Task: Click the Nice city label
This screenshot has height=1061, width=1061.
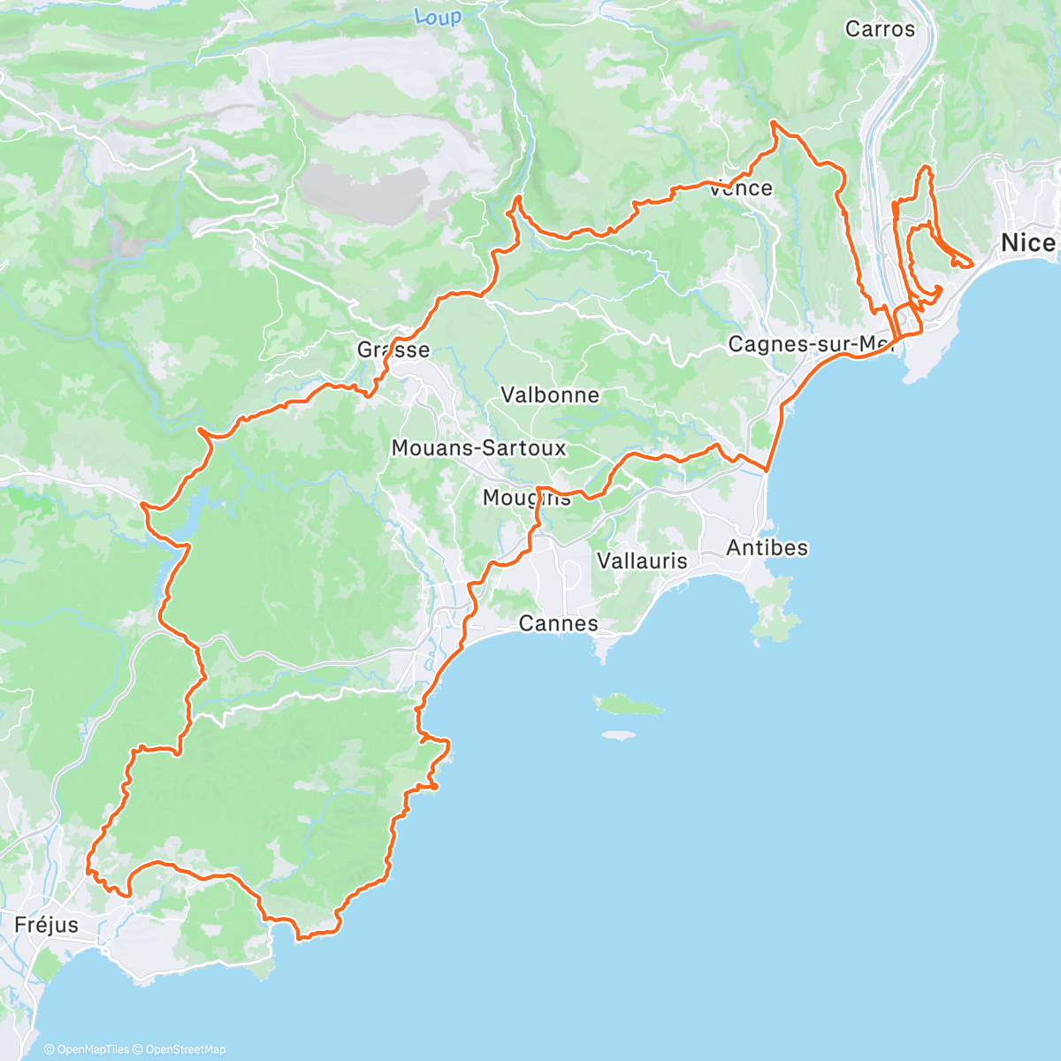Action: [1027, 242]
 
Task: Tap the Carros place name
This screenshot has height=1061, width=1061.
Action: [880, 29]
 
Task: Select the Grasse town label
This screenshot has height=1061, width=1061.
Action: [393, 349]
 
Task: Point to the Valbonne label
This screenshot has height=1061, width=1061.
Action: [550, 394]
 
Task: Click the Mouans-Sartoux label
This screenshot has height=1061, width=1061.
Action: [478, 448]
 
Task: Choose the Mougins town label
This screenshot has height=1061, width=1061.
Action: [526, 498]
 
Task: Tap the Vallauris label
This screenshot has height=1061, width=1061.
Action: [642, 561]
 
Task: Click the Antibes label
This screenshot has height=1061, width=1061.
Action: [767, 548]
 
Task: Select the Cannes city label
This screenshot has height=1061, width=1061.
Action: [558, 623]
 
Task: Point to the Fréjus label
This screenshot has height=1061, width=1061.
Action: [46, 925]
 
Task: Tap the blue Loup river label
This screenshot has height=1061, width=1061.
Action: [438, 17]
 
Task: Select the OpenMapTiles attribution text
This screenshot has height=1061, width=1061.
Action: [86, 1050]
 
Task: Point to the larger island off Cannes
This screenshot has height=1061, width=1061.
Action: [629, 705]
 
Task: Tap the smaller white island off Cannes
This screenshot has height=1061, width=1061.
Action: [618, 735]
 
